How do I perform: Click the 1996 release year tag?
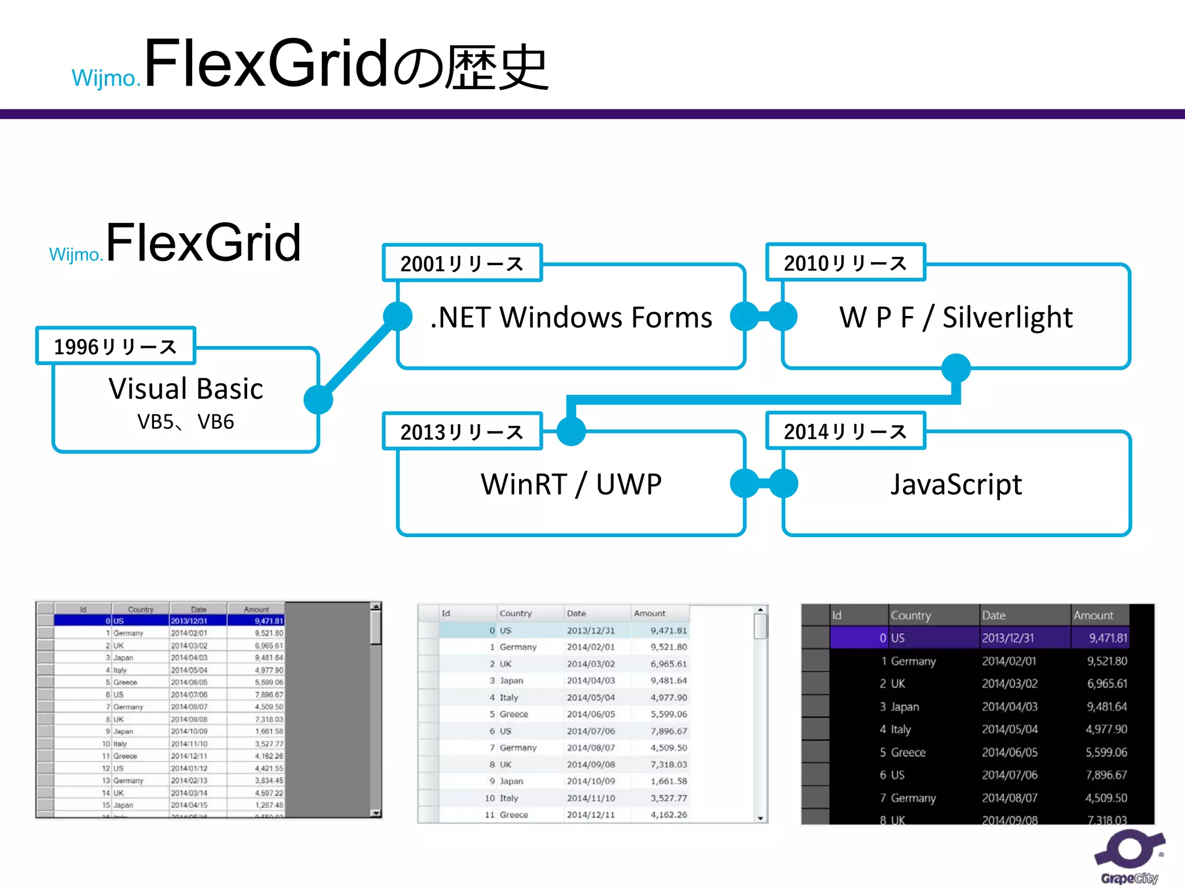pos(116,346)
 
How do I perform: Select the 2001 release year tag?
pos(462,263)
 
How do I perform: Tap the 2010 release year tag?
pos(845,263)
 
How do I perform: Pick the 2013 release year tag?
pos(462,432)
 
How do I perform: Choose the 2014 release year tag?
pos(845,431)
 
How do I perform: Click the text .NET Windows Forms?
pos(571,317)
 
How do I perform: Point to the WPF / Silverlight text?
pos(956,317)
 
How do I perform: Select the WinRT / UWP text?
pos(571,484)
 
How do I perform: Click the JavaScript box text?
pos(956,484)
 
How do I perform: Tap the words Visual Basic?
pos(186,388)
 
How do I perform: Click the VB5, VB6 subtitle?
pos(186,422)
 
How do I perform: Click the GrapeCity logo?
pos(1129,857)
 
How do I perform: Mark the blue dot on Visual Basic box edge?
pos(318,399)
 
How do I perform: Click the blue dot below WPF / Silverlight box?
pos(956,368)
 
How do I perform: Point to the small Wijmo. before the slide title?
pos(106,78)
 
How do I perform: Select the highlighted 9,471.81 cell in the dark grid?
pos(1107,638)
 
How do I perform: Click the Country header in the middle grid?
pos(516,614)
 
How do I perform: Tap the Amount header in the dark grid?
pos(1093,615)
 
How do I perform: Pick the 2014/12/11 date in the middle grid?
pos(591,814)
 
